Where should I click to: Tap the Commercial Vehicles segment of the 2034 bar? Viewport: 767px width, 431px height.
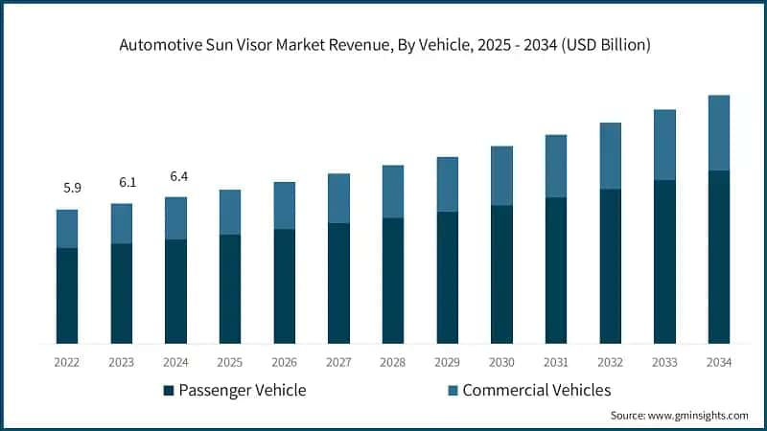(718, 133)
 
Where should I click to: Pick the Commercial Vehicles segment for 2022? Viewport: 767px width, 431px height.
(67, 229)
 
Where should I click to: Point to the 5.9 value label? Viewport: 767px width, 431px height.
(72, 189)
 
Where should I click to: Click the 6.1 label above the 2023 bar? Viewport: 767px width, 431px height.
(127, 182)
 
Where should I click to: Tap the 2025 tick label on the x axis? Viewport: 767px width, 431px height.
(230, 363)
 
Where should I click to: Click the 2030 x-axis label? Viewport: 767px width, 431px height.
(501, 363)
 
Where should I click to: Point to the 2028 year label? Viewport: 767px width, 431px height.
(393, 363)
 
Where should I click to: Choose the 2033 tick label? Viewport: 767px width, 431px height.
(664, 363)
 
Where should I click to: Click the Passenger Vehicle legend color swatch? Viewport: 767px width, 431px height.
(169, 391)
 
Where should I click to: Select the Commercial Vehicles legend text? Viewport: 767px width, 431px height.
(536, 390)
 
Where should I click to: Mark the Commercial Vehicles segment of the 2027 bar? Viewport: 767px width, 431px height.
(338, 198)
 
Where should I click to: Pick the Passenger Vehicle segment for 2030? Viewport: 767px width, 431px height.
(501, 274)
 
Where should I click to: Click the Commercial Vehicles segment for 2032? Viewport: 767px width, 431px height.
(610, 156)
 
